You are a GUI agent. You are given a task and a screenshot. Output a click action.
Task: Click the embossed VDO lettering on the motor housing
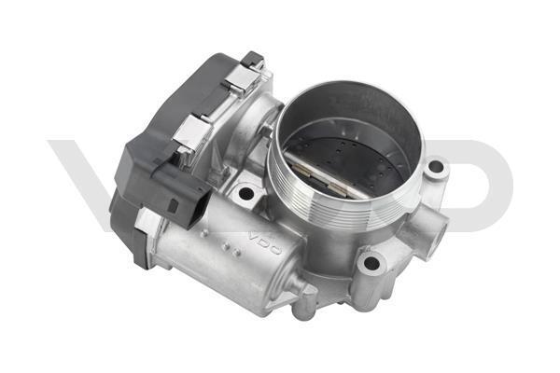click(x=265, y=243)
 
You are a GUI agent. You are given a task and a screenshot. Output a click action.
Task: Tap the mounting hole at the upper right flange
click(x=435, y=167)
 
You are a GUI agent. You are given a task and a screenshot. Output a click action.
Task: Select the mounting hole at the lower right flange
click(x=371, y=263)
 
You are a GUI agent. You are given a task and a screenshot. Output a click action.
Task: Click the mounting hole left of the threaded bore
click(x=245, y=193)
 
